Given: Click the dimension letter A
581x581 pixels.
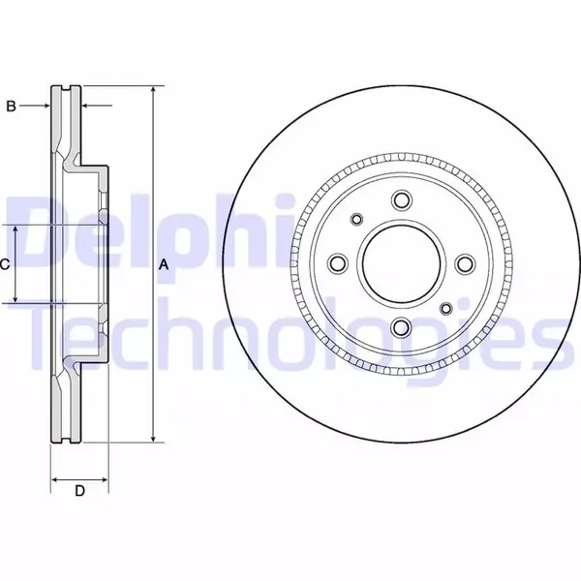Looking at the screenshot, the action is pyautogui.click(x=164, y=265).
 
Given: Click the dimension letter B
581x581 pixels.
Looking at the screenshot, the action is pyautogui.click(x=11, y=107).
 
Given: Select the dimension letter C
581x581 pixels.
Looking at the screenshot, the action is pyautogui.click(x=4, y=264).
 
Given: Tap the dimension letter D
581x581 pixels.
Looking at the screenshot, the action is pyautogui.click(x=79, y=491).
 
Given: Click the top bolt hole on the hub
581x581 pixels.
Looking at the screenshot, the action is pyautogui.click(x=402, y=200).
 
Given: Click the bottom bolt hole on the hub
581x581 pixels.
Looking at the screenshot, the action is pyautogui.click(x=402, y=327).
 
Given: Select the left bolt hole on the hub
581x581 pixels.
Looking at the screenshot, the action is pyautogui.click(x=338, y=263).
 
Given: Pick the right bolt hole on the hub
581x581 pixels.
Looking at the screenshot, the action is pyautogui.click(x=466, y=263).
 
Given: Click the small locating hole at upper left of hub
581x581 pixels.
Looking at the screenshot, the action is pyautogui.click(x=356, y=219).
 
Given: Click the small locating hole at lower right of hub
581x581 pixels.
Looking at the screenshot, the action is pyautogui.click(x=446, y=308).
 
